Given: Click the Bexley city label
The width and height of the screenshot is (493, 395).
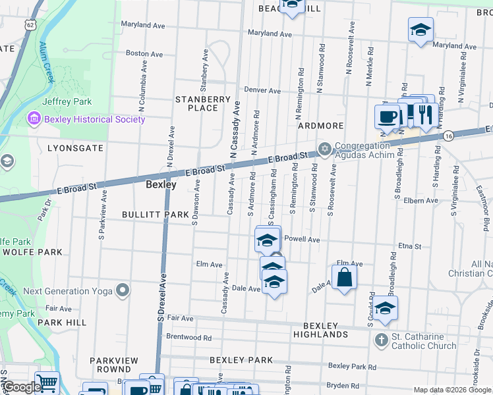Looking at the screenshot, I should (x=161, y=186).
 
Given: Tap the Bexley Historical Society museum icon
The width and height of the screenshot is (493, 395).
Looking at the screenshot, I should (x=32, y=119).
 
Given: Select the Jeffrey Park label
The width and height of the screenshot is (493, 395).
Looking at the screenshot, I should (x=67, y=101).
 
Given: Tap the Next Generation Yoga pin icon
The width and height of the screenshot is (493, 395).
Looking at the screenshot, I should (x=122, y=290).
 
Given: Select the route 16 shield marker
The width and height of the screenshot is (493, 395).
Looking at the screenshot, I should (x=448, y=136).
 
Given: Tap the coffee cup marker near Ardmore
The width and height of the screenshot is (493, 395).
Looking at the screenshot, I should (x=388, y=117).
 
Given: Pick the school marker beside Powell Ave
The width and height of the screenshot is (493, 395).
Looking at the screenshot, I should (x=266, y=240).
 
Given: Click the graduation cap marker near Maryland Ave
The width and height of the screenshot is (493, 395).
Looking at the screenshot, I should (x=420, y=30).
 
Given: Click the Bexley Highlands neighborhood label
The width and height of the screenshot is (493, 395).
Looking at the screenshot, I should (x=320, y=330).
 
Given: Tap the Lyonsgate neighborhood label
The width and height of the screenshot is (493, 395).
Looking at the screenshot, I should (x=75, y=149).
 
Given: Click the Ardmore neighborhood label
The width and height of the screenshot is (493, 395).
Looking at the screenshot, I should (x=320, y=125).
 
